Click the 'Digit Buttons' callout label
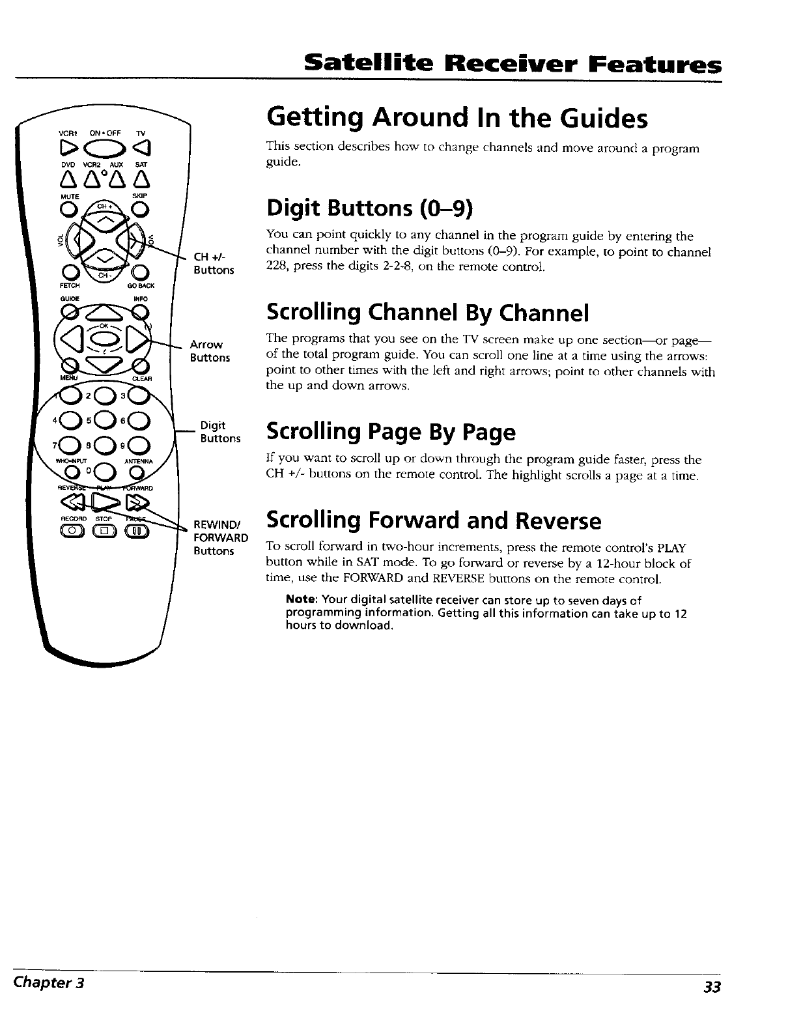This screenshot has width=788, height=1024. pyautogui.click(x=220, y=432)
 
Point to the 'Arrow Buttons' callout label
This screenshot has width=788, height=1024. pyautogui.click(x=210, y=351)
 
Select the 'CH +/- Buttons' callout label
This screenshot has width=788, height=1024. pyautogui.click(x=214, y=264)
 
